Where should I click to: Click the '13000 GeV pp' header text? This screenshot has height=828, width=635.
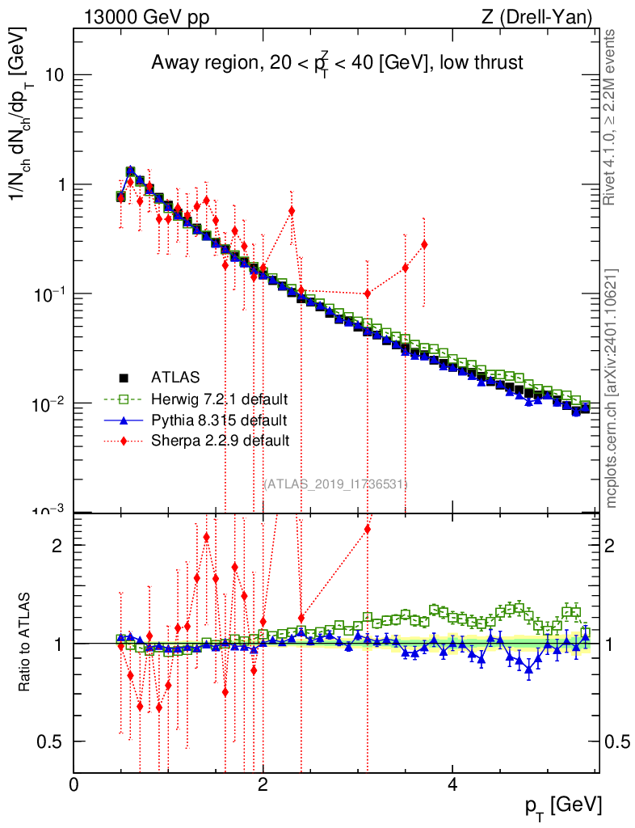pos(147,16)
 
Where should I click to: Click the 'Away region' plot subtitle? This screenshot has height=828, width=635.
pos(338,62)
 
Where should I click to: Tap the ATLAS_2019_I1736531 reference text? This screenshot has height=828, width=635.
pos(335,484)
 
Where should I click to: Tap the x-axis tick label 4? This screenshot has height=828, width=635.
pos(452,785)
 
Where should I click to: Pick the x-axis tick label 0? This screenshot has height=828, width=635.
pos(74,785)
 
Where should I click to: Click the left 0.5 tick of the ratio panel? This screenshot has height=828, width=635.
pos(54,741)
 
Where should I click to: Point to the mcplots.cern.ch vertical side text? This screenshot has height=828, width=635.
pos(612,388)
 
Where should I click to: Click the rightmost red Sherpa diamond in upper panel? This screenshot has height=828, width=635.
pos(424,244)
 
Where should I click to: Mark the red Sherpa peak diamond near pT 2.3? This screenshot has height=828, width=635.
pos(292,211)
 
